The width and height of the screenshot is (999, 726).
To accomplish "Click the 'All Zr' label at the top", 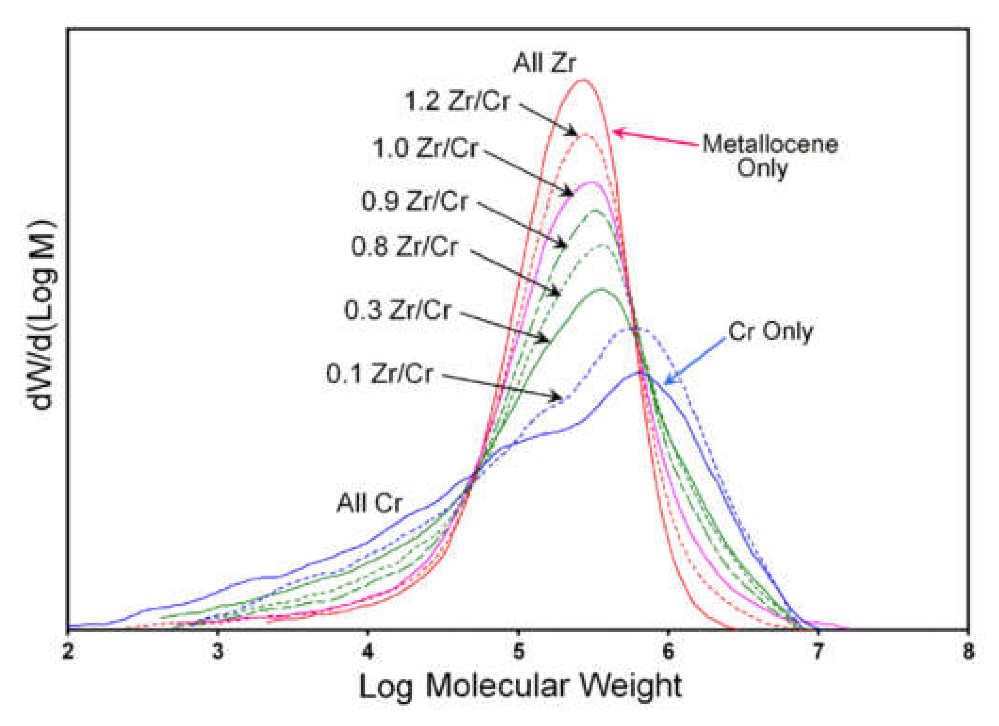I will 544,63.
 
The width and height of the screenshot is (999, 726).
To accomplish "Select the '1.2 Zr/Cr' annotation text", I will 457,101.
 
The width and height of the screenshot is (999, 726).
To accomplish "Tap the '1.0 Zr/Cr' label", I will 425,148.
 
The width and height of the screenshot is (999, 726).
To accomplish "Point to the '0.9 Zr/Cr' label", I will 414,201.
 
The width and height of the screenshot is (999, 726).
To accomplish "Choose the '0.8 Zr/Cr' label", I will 404,246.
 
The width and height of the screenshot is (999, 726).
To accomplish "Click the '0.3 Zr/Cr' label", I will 397,310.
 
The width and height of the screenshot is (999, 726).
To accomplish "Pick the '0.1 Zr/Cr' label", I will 379,373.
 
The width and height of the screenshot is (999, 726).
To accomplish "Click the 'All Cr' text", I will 369,503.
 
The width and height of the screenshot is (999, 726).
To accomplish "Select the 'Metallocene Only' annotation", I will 770,156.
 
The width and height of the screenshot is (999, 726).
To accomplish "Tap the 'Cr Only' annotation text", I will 770,331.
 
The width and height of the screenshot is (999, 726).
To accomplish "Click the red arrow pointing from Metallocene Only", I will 655,138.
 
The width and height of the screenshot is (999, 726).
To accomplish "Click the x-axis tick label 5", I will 518,652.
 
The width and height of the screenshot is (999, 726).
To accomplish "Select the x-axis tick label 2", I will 69,652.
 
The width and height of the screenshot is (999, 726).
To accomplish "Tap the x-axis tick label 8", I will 968,652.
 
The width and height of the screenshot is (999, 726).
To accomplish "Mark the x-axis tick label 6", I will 668,652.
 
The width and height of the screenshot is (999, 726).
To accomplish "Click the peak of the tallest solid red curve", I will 583,80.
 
